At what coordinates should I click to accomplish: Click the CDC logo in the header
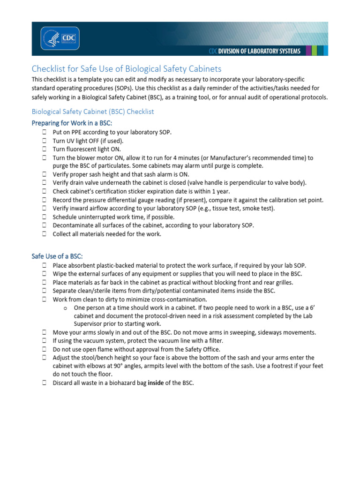60,38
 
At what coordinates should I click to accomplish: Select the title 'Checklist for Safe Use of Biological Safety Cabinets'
126,69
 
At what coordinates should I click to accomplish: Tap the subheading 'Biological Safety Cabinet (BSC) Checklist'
92,112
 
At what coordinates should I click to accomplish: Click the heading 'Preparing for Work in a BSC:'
72,123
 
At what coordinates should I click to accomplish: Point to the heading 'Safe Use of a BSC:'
57,256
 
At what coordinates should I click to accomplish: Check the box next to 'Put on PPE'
43,132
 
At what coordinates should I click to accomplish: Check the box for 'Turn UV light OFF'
43,141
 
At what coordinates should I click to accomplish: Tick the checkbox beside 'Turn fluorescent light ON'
43,149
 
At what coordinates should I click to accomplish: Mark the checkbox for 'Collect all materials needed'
43,234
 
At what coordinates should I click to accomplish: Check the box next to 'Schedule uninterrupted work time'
43,217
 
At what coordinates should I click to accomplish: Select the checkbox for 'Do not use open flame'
43,349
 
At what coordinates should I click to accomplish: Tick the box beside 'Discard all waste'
43,383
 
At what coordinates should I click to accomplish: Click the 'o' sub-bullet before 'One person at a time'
65,307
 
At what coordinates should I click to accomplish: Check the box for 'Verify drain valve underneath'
43,183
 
